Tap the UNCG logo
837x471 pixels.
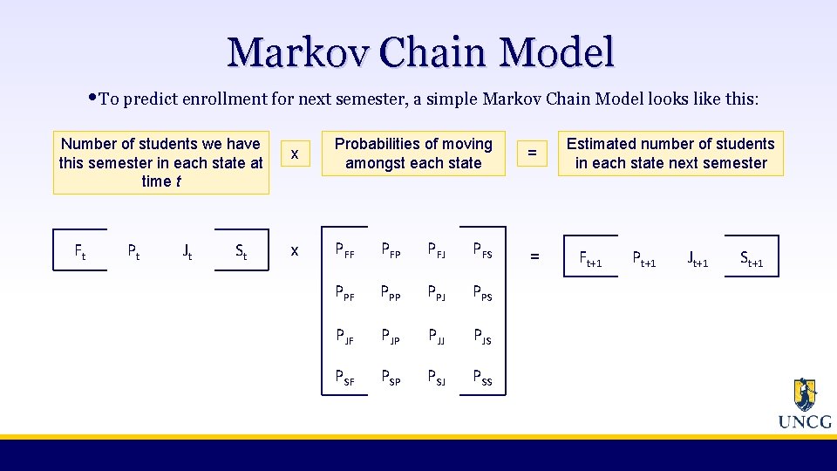[x=804, y=405]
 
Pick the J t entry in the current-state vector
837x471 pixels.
[x=187, y=253]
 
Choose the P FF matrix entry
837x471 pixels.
[x=346, y=253]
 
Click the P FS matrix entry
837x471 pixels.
[x=482, y=253]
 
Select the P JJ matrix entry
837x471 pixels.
[x=436, y=337]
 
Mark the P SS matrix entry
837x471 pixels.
[x=482, y=379]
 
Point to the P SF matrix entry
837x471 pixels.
[x=346, y=379]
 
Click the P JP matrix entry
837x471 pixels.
[x=391, y=337]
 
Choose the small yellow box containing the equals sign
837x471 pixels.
[x=530, y=154]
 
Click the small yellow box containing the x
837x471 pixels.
[x=295, y=154]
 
